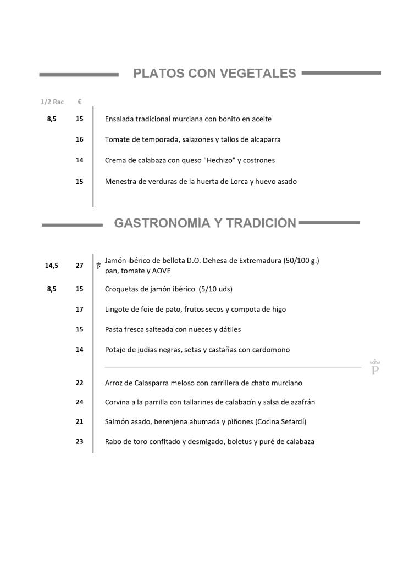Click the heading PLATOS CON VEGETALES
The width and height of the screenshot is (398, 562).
pos(214,74)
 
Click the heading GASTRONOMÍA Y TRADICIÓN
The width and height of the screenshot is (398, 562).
pos(204,223)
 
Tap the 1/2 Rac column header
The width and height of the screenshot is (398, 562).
pos(52,102)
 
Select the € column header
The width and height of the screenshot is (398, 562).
pos(80,102)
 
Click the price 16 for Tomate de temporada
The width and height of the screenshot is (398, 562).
pos(80,139)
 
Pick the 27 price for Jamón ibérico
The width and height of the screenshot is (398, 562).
pos(80,266)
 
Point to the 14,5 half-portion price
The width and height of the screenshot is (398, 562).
pos(52,266)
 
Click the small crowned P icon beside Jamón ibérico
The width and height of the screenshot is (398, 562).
pos(98,266)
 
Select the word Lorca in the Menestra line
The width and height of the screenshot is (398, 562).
pos(237,181)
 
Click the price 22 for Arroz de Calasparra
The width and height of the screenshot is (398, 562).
pos(80,383)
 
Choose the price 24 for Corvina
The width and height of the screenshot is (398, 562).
pos(80,402)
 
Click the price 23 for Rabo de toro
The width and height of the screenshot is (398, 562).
pos(80,441)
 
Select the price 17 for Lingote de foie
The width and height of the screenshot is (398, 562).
pos(80,310)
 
